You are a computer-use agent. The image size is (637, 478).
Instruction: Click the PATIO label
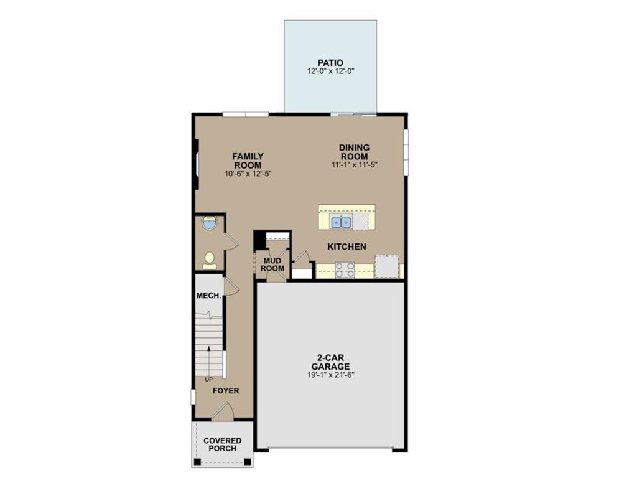(x=330, y=63)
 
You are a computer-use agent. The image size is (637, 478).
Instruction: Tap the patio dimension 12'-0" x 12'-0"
(x=331, y=71)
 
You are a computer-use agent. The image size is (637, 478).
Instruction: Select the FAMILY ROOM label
(x=248, y=161)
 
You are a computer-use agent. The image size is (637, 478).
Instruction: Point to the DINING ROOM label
(x=355, y=152)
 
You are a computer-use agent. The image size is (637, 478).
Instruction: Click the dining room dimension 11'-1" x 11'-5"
(x=355, y=165)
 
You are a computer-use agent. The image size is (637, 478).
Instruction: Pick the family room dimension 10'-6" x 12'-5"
(x=248, y=174)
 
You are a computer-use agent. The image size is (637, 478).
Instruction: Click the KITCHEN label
(x=346, y=246)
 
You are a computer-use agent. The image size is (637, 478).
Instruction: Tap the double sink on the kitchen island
(x=341, y=222)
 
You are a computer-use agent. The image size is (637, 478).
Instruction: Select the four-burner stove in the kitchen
(x=345, y=270)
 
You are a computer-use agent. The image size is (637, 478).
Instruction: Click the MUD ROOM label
(x=272, y=265)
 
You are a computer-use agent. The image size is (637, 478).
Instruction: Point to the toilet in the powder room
(x=210, y=261)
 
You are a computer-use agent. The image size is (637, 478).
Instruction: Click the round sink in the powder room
(x=210, y=223)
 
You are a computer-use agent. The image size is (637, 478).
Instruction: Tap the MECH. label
(x=209, y=296)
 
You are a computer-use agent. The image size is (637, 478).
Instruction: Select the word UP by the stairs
(x=209, y=380)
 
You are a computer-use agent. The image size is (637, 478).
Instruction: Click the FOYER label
(x=226, y=391)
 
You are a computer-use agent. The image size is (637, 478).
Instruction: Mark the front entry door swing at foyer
(x=223, y=411)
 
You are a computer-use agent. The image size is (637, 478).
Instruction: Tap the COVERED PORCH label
(x=222, y=444)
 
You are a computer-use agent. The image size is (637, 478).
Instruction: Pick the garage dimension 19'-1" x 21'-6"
(x=331, y=375)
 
